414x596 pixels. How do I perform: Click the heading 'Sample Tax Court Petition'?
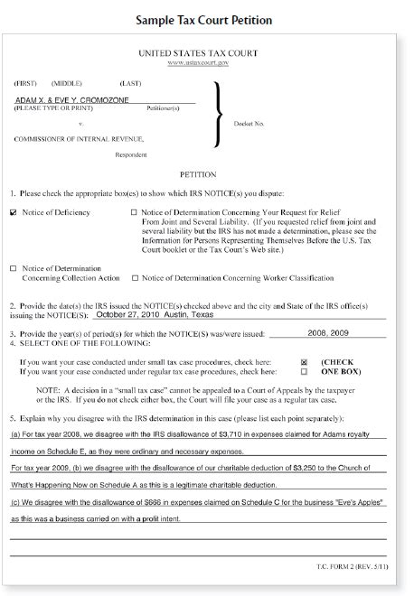pyautogui.click(x=207, y=19)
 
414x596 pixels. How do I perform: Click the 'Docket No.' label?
pyautogui.click(x=248, y=123)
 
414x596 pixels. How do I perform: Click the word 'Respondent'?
pyautogui.click(x=130, y=154)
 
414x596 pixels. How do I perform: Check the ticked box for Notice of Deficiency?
pyautogui.click(x=13, y=213)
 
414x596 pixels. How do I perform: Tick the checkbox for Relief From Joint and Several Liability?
pyautogui.click(x=135, y=213)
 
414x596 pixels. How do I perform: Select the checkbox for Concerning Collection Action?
pyautogui.click(x=13, y=268)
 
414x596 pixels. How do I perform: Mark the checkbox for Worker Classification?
pyautogui.click(x=135, y=277)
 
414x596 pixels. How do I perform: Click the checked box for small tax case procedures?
pyautogui.click(x=303, y=361)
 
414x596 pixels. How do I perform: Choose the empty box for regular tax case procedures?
pyautogui.click(x=303, y=370)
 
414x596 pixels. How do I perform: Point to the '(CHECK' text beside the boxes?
pyautogui.click(x=338, y=361)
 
